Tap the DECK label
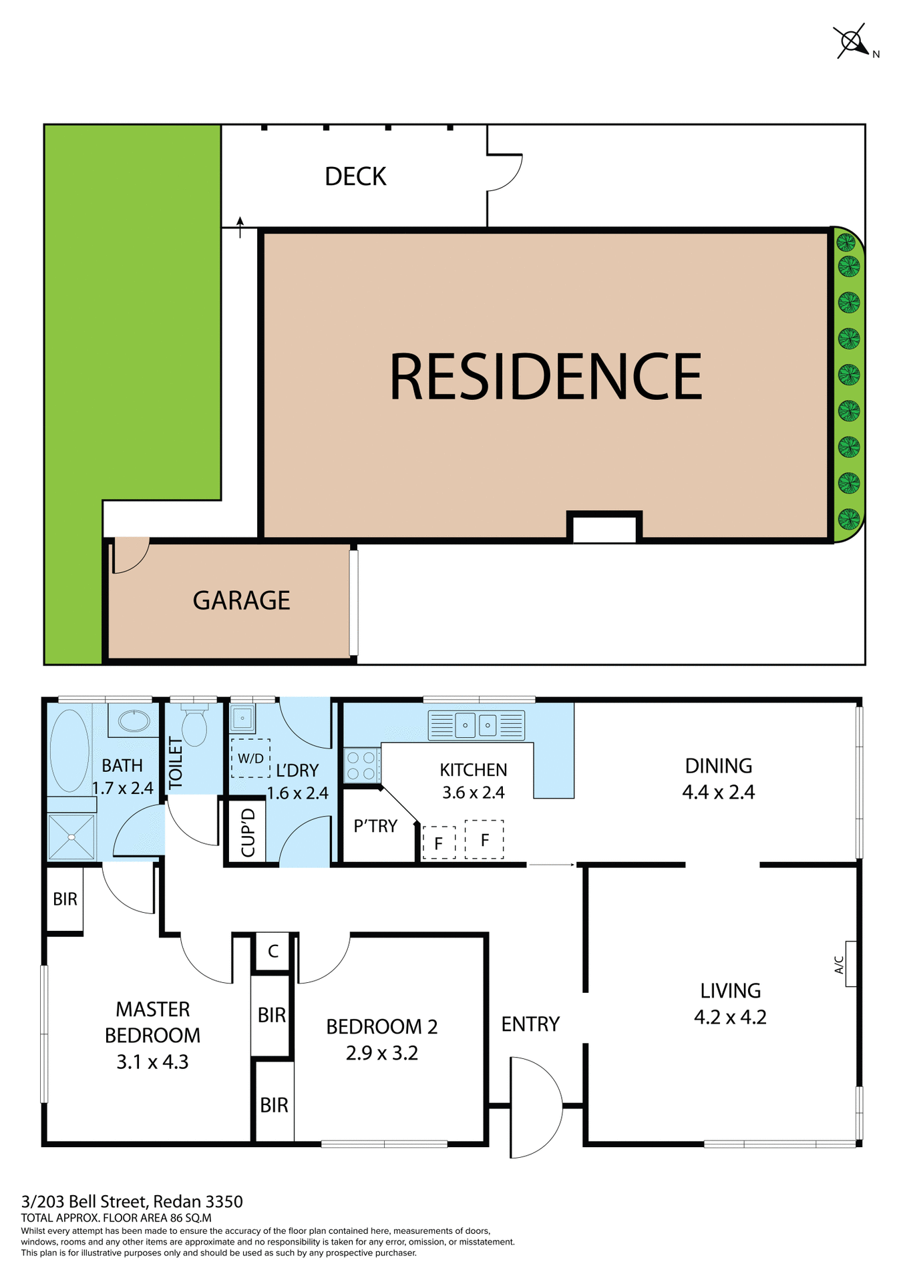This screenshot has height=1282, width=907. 355,176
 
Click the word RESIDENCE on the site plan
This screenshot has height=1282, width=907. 545,377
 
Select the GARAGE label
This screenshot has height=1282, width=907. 241,600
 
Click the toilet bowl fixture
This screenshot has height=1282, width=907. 194,726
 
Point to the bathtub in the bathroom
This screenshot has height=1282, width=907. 69,750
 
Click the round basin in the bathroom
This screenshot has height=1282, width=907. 134,720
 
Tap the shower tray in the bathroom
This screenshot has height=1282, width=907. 71,837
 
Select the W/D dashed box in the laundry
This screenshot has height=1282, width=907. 250,758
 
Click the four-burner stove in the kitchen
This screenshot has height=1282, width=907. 361,765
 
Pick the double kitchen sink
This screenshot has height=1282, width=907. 476,725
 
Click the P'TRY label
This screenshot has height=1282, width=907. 375,826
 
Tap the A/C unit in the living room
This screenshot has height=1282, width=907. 851,964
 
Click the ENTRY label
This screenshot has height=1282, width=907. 530,1024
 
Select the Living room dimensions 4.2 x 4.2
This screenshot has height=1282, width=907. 730,1017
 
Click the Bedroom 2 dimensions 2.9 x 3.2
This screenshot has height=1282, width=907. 381,1053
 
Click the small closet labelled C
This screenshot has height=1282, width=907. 273,951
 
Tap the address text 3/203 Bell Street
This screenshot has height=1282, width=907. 132,1202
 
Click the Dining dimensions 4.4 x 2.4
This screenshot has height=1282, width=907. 718,792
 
